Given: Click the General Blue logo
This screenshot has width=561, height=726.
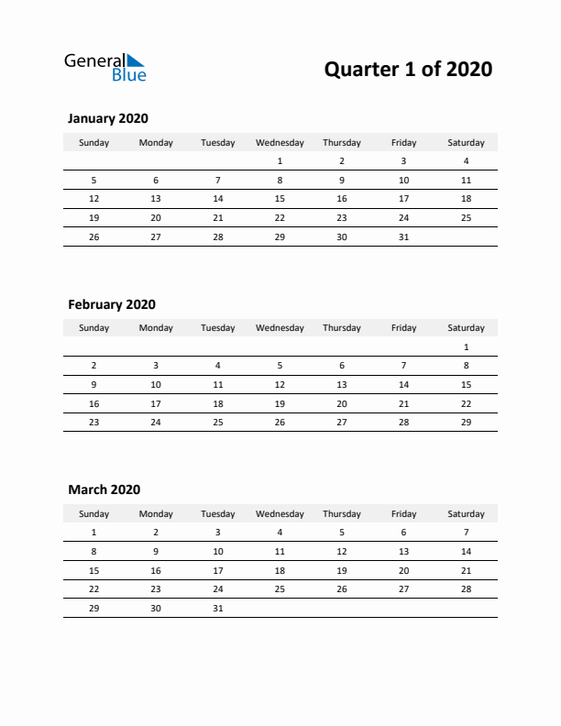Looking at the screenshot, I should [104, 68].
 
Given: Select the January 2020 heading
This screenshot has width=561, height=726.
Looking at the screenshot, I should [108, 118].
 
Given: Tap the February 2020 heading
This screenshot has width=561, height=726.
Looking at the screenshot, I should [112, 304].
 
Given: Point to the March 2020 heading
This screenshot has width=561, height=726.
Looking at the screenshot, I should [104, 489].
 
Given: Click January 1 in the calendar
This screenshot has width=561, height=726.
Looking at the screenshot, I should [280, 161].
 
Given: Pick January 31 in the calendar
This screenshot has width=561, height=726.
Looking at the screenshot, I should [403, 236].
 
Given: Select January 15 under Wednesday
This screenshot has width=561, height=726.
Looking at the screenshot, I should [280, 199].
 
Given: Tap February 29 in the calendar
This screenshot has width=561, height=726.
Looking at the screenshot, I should [466, 423].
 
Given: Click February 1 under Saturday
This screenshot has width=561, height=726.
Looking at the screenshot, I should [466, 347].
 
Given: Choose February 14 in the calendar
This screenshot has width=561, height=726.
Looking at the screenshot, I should [403, 385].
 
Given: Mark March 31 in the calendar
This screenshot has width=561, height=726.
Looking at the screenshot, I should [217, 608].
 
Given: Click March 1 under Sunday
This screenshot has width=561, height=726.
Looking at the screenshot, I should [93, 533].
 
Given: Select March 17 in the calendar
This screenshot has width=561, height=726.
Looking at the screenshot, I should [217, 570].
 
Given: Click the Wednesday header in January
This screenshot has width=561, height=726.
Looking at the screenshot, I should [280, 142].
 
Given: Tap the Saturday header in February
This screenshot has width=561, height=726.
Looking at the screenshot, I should [466, 328].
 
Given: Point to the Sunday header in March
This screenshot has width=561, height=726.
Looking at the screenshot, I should [93, 514].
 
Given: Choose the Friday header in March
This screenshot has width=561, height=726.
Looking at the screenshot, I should [403, 514].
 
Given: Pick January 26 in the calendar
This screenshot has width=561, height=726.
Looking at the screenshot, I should [93, 236].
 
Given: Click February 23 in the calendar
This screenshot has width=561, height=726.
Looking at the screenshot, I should [93, 423].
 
